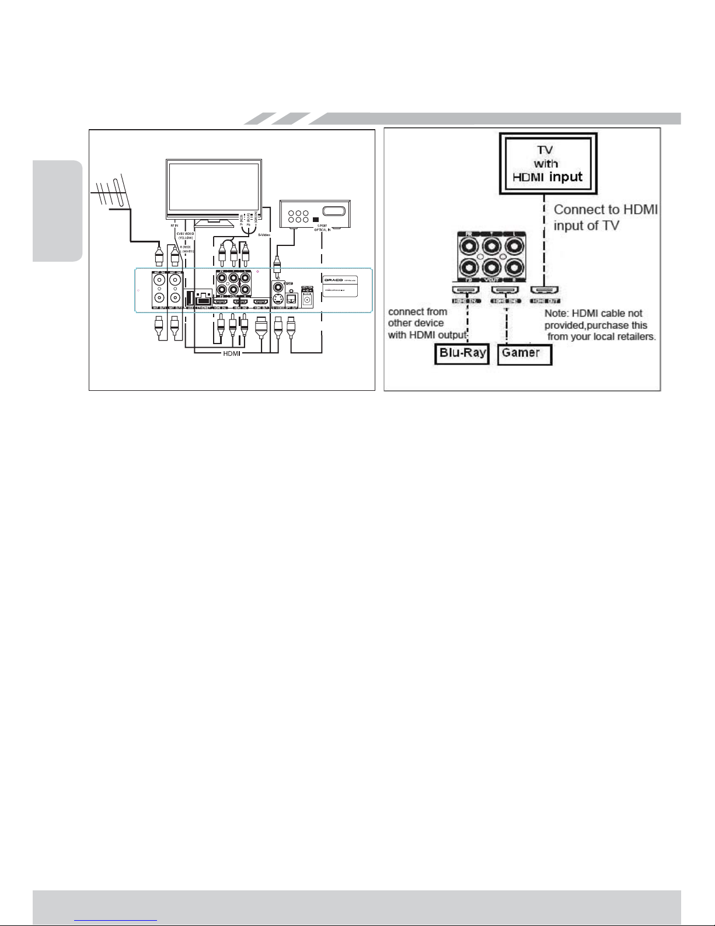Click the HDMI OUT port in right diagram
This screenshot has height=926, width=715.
pos(544,290)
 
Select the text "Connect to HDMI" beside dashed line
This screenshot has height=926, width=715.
pos(605,209)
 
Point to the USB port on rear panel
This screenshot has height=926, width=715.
pos(189,297)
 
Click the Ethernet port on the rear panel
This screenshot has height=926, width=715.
pos(203,297)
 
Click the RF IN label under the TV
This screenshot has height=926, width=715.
pos(173,224)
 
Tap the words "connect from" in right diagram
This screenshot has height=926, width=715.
pos(417,311)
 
